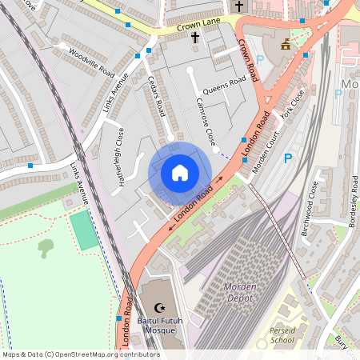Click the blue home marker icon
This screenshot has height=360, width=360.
point(180,173)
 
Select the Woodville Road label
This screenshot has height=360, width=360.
point(91,63)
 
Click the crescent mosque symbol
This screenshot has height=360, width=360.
point(159,307)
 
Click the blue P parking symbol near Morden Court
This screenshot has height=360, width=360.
point(287,158)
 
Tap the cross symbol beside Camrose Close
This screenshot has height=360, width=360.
point(194,38)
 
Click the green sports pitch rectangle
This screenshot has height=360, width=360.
point(82,230)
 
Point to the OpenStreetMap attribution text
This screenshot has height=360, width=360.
point(81,354)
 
